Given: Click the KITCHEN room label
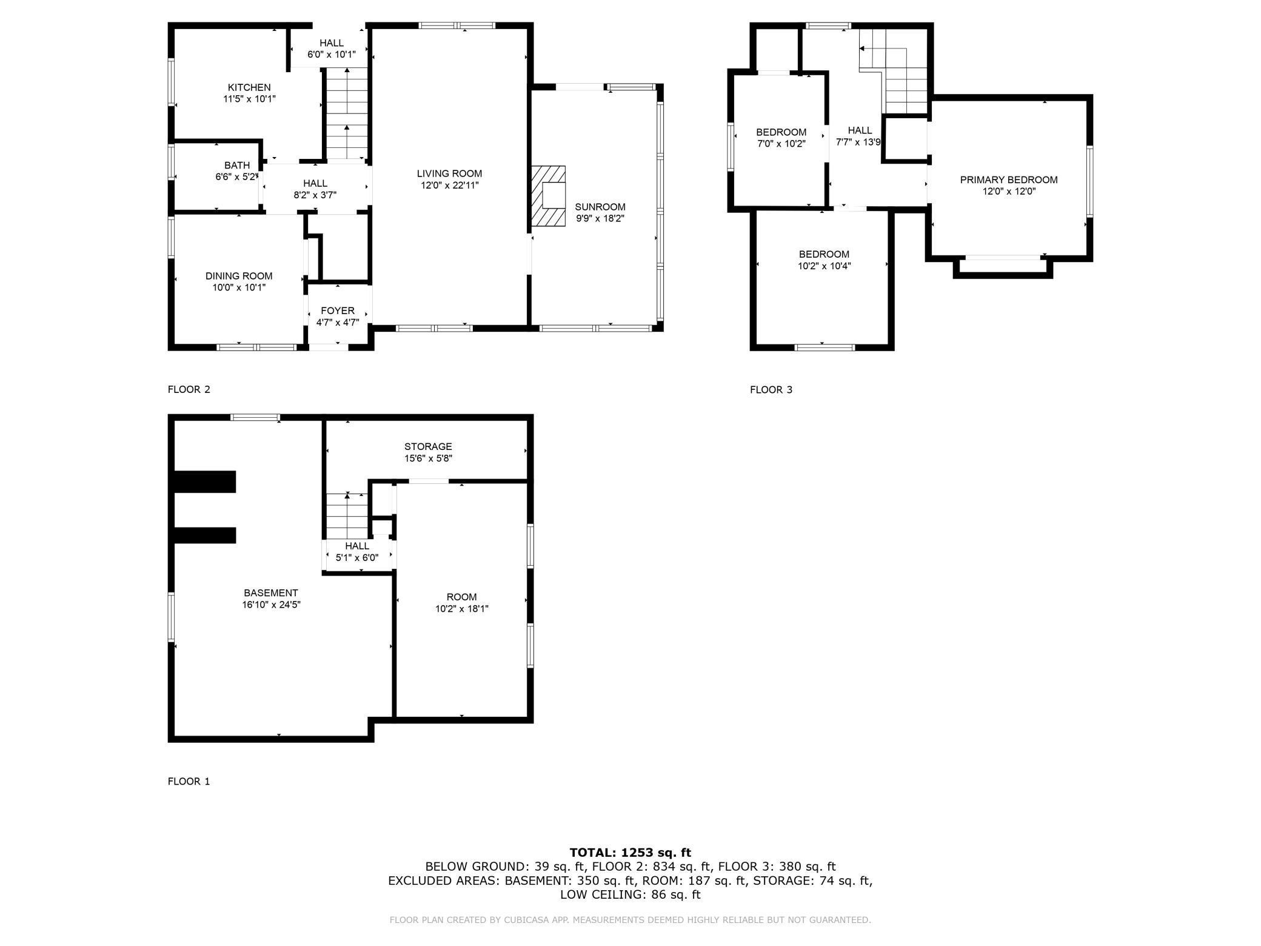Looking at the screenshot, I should tap(249, 87).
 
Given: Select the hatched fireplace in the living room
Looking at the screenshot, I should tap(547, 196).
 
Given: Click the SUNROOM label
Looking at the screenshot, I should tap(600, 207).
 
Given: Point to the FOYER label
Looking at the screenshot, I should tap(338, 310).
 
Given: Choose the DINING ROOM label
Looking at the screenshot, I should tap(239, 276).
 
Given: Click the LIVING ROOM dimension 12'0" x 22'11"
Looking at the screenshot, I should tap(449, 185).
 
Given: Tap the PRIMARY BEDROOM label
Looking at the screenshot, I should tap(1008, 179).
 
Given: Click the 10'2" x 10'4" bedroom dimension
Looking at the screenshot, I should tap(824, 266).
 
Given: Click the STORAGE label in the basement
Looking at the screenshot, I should tap(428, 446).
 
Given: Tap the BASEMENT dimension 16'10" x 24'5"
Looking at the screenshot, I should tap(271, 605).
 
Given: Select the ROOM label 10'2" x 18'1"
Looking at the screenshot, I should tap(461, 597).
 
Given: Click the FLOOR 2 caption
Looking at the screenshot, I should tap(189, 389).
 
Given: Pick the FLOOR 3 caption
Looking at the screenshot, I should tap(771, 390).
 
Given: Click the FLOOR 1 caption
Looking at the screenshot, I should tap(189, 781).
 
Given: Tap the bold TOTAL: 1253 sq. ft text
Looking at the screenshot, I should tap(630, 853).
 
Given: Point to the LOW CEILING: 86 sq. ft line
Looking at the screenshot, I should tap(630, 894).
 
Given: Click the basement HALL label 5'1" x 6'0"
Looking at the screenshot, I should tap(357, 546).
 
